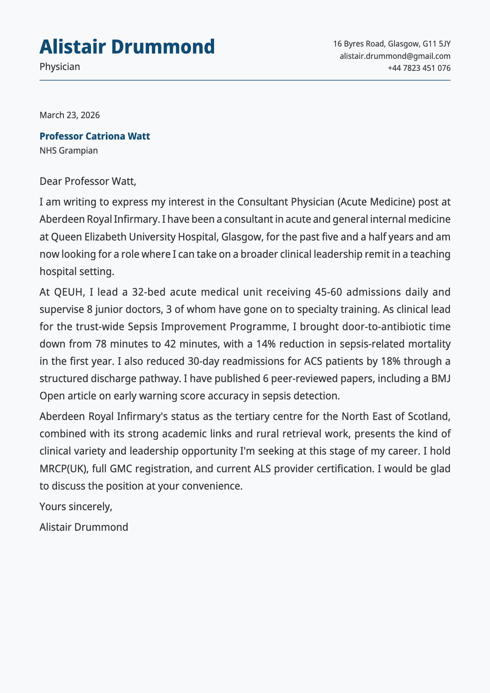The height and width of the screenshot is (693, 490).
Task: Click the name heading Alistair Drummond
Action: tap(127, 47)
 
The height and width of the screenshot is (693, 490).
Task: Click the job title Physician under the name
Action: tap(60, 67)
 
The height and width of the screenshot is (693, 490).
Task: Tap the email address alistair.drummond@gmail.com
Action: tap(394, 56)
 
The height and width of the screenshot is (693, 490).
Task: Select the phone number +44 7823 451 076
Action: tap(419, 68)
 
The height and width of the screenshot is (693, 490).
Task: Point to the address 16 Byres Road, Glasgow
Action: tap(391, 44)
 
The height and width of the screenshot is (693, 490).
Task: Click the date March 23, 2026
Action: tap(70, 115)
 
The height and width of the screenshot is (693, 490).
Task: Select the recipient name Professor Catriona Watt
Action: tap(95, 136)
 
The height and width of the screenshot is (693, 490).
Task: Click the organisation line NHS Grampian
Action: tap(69, 150)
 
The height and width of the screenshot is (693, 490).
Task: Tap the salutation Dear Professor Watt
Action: tap(87, 181)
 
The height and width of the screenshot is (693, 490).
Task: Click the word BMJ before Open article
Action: tap(441, 379)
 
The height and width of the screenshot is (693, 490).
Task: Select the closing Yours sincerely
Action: tap(76, 506)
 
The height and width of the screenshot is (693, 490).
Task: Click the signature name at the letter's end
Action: tap(84, 527)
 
